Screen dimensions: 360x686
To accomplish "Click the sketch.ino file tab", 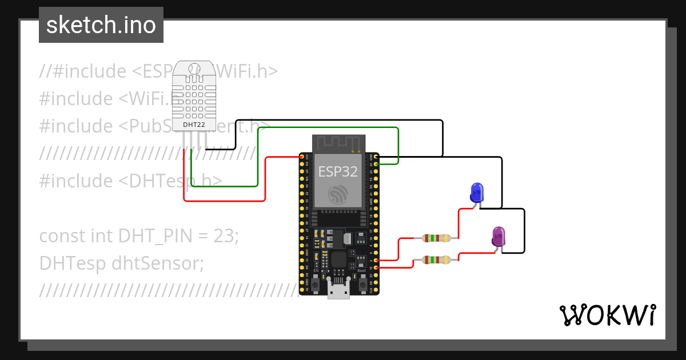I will click(x=101, y=25).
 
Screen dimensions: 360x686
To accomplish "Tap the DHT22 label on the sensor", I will click(x=194, y=124).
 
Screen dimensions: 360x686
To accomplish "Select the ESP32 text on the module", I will click(x=338, y=171).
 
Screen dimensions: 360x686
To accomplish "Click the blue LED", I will click(x=476, y=193).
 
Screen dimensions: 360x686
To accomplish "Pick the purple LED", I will click(x=498, y=237).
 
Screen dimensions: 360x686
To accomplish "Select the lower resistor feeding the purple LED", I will click(x=436, y=260).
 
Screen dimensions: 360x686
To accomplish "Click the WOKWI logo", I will click(x=607, y=315).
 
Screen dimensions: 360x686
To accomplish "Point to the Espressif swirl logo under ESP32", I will click(x=338, y=195).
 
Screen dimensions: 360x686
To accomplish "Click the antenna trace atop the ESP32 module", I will click(x=338, y=143).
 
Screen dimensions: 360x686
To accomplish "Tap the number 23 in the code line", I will click(x=224, y=235).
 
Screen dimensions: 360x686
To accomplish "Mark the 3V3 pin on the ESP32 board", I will click(x=302, y=156).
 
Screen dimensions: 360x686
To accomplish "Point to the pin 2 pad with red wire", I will click(x=375, y=260).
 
